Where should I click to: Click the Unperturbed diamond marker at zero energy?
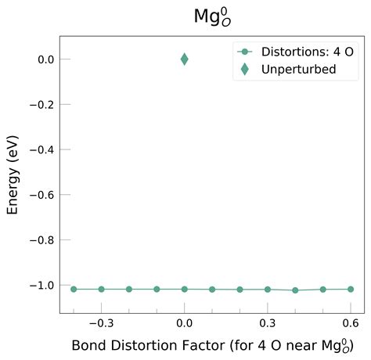(x=185, y=59)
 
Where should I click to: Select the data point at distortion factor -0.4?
(x=74, y=289)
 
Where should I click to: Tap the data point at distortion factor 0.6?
(x=351, y=289)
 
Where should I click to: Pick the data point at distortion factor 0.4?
(x=295, y=290)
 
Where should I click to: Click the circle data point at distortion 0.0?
(x=185, y=289)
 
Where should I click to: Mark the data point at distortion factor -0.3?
(x=102, y=289)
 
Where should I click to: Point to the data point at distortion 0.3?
(x=268, y=289)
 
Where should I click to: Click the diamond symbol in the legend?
(x=245, y=69)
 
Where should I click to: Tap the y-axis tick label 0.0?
(x=44, y=59)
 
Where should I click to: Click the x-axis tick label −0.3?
(x=101, y=323)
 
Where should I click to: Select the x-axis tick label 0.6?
(x=351, y=323)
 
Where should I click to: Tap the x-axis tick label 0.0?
(x=185, y=323)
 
